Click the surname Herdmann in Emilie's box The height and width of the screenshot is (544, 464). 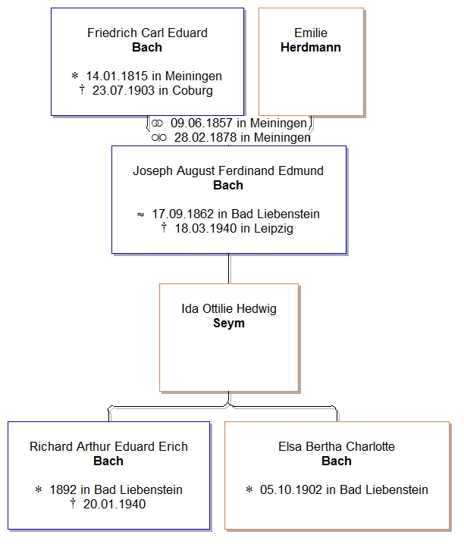(311, 47)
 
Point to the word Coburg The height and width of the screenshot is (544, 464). (193, 91)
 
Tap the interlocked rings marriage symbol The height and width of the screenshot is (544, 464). (157, 123)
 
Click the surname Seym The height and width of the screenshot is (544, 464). (229, 324)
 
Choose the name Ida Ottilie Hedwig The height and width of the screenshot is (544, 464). (229, 309)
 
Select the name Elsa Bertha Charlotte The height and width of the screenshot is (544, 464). (337, 446)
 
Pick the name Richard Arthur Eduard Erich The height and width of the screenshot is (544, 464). (108, 446)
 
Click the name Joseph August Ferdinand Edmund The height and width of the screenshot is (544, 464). (228, 171)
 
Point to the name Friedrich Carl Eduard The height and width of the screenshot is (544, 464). (147, 33)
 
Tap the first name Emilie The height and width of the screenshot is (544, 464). (311, 33)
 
